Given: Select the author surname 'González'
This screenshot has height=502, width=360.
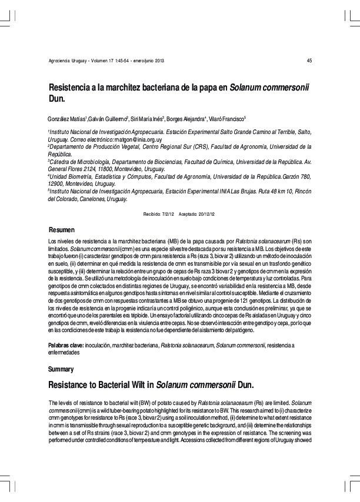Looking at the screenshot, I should point(59,119).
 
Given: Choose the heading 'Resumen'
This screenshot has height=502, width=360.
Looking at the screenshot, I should point(62,229).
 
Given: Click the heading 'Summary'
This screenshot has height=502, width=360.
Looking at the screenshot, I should point(61,369).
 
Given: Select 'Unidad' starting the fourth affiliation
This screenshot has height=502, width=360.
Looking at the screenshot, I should point(61,176).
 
